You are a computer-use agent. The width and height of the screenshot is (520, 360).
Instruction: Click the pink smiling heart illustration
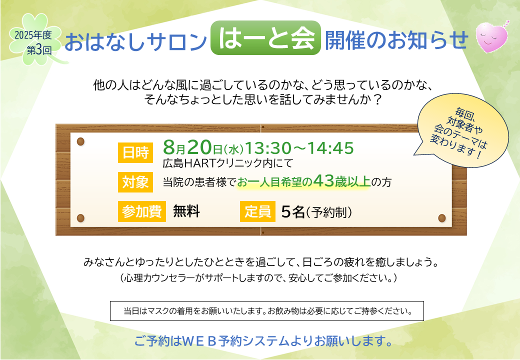tap(492, 36)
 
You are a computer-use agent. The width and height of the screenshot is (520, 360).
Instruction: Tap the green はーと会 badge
tap(265, 38)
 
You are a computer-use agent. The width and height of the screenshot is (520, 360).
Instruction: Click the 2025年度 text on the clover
tap(33, 35)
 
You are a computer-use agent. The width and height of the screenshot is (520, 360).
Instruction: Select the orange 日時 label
tap(135, 153)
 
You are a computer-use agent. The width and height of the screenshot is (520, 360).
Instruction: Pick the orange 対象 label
tap(135, 182)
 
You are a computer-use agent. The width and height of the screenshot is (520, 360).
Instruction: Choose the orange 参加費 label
tap(142, 211)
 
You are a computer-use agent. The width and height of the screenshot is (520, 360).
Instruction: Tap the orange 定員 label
tap(257, 211)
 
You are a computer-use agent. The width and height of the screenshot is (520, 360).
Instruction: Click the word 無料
tap(186, 211)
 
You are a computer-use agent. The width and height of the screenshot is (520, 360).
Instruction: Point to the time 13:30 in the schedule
tap(268, 148)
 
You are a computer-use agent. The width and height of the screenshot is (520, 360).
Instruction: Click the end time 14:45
tap(330, 148)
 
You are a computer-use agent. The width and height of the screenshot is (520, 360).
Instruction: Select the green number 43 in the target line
tap(323, 180)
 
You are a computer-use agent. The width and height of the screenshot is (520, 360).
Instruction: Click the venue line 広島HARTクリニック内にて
tap(228, 163)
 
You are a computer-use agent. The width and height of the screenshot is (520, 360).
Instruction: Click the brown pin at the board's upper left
tap(80, 141)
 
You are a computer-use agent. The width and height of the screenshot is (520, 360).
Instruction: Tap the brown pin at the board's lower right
tap(441, 218)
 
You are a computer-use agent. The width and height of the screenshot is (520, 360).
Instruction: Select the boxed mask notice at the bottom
tap(267, 311)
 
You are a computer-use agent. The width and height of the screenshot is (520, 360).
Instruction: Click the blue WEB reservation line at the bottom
tap(263, 341)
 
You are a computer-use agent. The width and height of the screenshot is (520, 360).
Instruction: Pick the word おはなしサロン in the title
tap(135, 41)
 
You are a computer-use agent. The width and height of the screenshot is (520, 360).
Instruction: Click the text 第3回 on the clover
tap(39, 50)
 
